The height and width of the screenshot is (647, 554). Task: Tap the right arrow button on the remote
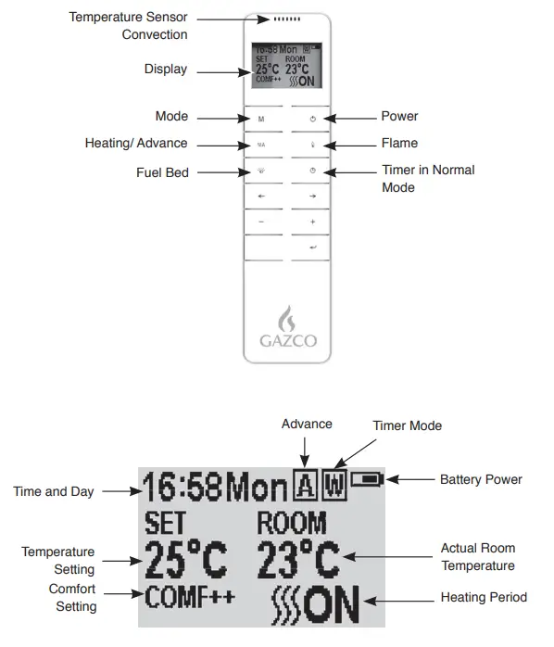[x=312, y=197]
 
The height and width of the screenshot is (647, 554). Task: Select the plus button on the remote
[x=312, y=222]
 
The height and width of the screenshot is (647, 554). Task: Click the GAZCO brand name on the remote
[x=286, y=340]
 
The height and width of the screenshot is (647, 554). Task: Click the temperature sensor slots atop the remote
[x=286, y=19]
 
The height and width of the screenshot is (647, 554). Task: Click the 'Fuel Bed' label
[x=162, y=172]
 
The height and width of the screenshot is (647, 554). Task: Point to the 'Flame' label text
[x=399, y=144]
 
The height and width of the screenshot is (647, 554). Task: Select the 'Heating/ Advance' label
[x=136, y=144]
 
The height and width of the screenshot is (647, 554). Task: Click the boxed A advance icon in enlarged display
[x=305, y=483]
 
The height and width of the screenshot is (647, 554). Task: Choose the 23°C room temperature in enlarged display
[x=297, y=558]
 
